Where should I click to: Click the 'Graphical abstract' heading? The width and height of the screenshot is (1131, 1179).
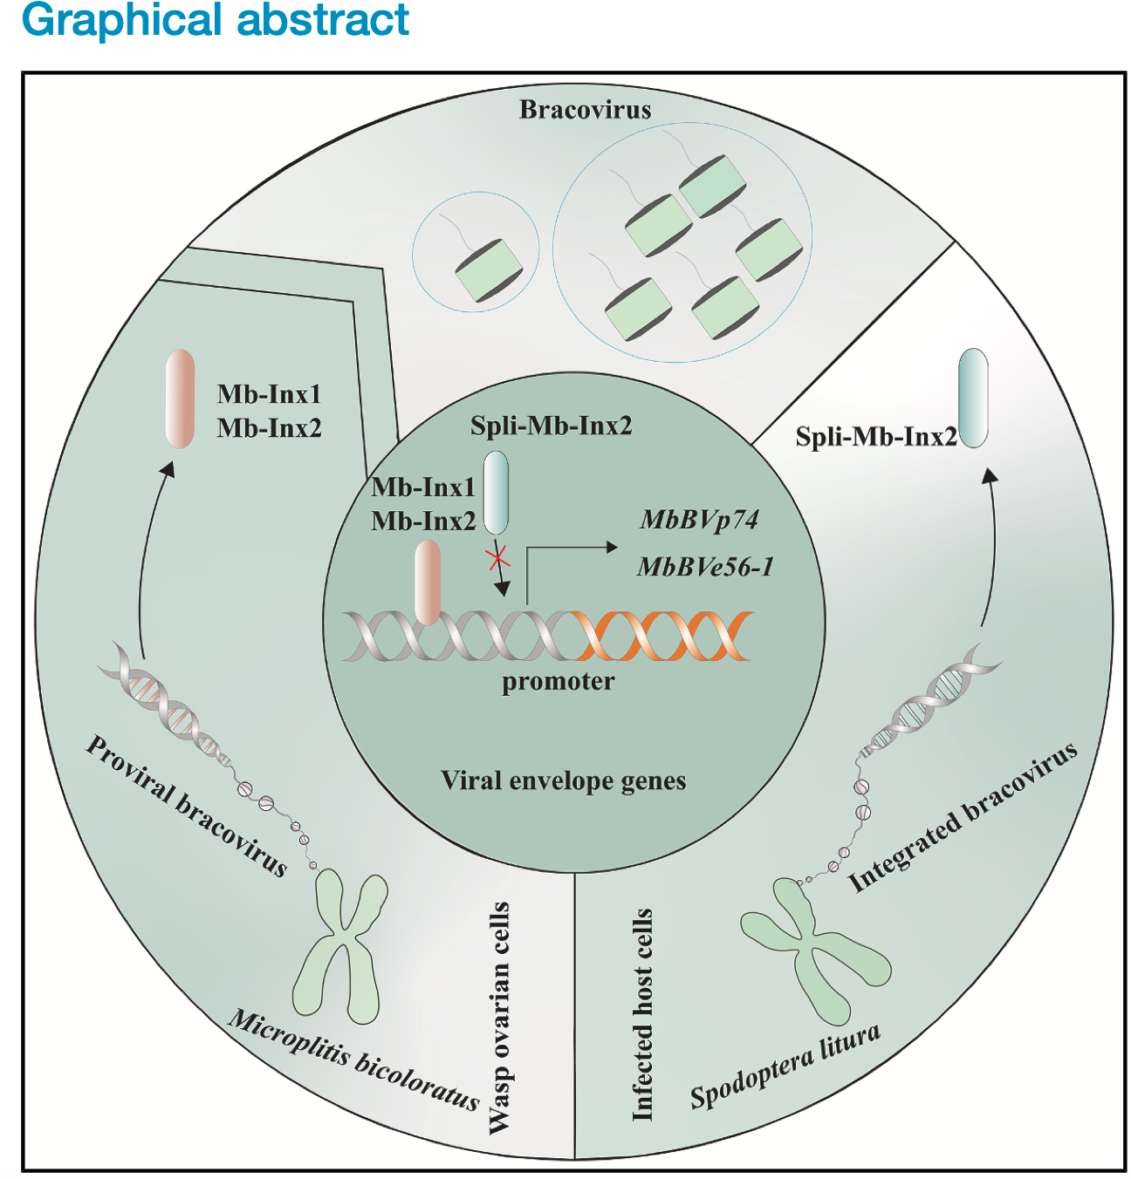pyautogui.click(x=215, y=19)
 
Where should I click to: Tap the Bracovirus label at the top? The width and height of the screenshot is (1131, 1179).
pyautogui.click(x=585, y=110)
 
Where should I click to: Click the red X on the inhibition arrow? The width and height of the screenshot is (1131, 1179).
pyautogui.click(x=497, y=556)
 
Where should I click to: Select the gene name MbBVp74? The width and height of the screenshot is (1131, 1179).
pyautogui.click(x=699, y=520)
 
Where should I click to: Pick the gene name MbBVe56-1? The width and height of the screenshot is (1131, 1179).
pyautogui.click(x=705, y=567)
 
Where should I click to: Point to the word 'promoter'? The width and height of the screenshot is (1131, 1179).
pyautogui.click(x=558, y=681)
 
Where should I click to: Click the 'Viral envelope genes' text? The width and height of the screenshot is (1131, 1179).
pyautogui.click(x=563, y=780)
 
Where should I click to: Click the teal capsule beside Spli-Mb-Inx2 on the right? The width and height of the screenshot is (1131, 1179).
pyautogui.click(x=973, y=398)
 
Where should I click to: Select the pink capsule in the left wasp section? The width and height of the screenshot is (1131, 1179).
pyautogui.click(x=180, y=399)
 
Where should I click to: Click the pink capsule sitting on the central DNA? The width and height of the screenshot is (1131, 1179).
pyautogui.click(x=428, y=582)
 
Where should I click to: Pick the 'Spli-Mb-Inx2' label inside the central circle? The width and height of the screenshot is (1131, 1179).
pyautogui.click(x=551, y=426)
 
